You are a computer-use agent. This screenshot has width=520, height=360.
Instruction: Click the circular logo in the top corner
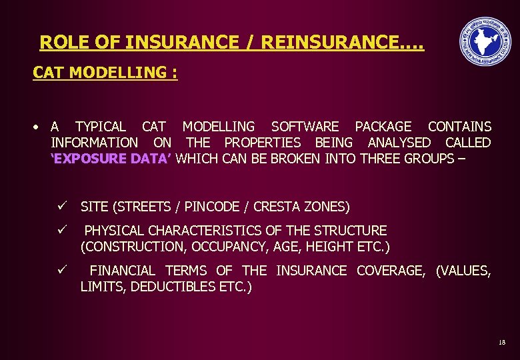(x=486, y=41)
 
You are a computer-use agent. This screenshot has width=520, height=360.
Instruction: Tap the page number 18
(x=502, y=342)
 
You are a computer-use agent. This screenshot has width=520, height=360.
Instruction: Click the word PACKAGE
(x=383, y=126)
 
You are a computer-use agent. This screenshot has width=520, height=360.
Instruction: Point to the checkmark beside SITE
(x=61, y=206)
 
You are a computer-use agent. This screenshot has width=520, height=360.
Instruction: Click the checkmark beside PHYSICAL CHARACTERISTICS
(x=61, y=230)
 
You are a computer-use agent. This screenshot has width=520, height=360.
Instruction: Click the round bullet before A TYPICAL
(x=39, y=127)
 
